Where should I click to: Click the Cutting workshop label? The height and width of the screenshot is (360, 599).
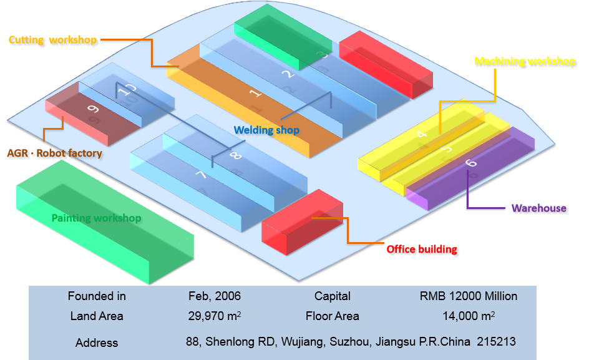click(53, 40)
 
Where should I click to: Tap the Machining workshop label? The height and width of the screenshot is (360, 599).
click(525, 61)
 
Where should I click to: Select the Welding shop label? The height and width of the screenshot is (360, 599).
click(266, 130)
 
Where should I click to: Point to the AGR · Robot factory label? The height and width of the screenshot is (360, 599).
click(54, 153)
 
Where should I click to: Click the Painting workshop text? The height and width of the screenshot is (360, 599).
click(96, 218)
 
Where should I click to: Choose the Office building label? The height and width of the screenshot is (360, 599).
click(422, 249)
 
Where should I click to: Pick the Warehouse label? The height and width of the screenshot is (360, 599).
click(539, 208)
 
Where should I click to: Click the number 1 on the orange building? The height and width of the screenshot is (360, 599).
click(255, 94)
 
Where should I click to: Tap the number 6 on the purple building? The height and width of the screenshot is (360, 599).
click(472, 163)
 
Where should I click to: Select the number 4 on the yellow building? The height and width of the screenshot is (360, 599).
click(422, 134)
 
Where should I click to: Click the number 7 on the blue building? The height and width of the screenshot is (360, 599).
click(201, 175)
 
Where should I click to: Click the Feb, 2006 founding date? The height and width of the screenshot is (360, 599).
click(215, 296)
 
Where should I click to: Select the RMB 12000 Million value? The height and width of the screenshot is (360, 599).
click(469, 296)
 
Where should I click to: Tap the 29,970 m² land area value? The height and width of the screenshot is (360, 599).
click(215, 316)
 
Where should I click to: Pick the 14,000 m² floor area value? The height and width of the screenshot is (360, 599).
click(469, 316)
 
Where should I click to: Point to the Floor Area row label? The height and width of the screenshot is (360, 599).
click(333, 316)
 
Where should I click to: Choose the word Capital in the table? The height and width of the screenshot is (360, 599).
click(333, 296)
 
